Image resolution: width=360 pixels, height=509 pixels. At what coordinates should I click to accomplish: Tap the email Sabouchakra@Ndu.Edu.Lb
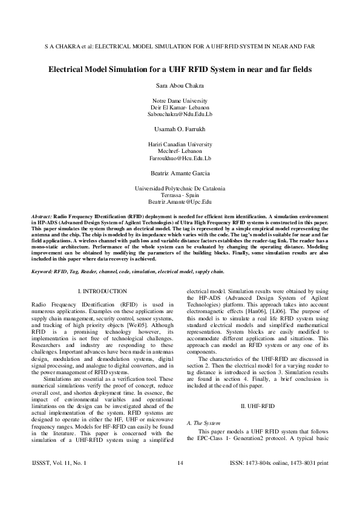click(180, 114)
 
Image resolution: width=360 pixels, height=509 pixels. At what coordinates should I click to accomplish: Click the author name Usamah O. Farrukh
click(180, 129)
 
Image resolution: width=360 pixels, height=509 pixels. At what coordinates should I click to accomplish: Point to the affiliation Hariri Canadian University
click(180, 144)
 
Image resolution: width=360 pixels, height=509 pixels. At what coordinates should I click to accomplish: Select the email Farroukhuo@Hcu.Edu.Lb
click(180, 158)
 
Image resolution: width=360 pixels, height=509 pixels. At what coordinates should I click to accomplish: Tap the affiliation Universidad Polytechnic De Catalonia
click(180, 189)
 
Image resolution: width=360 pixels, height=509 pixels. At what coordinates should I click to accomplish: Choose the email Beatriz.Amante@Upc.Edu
click(180, 202)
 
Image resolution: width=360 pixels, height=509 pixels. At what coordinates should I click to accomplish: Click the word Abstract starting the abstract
click(41, 216)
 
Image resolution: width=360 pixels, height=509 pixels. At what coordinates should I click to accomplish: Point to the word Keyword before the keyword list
click(43, 272)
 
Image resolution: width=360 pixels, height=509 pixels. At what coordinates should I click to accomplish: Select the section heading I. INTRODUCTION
click(103, 291)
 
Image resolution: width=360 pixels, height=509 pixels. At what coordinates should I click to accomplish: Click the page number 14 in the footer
click(180, 481)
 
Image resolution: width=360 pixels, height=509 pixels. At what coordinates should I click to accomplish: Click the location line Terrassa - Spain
click(180, 195)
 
